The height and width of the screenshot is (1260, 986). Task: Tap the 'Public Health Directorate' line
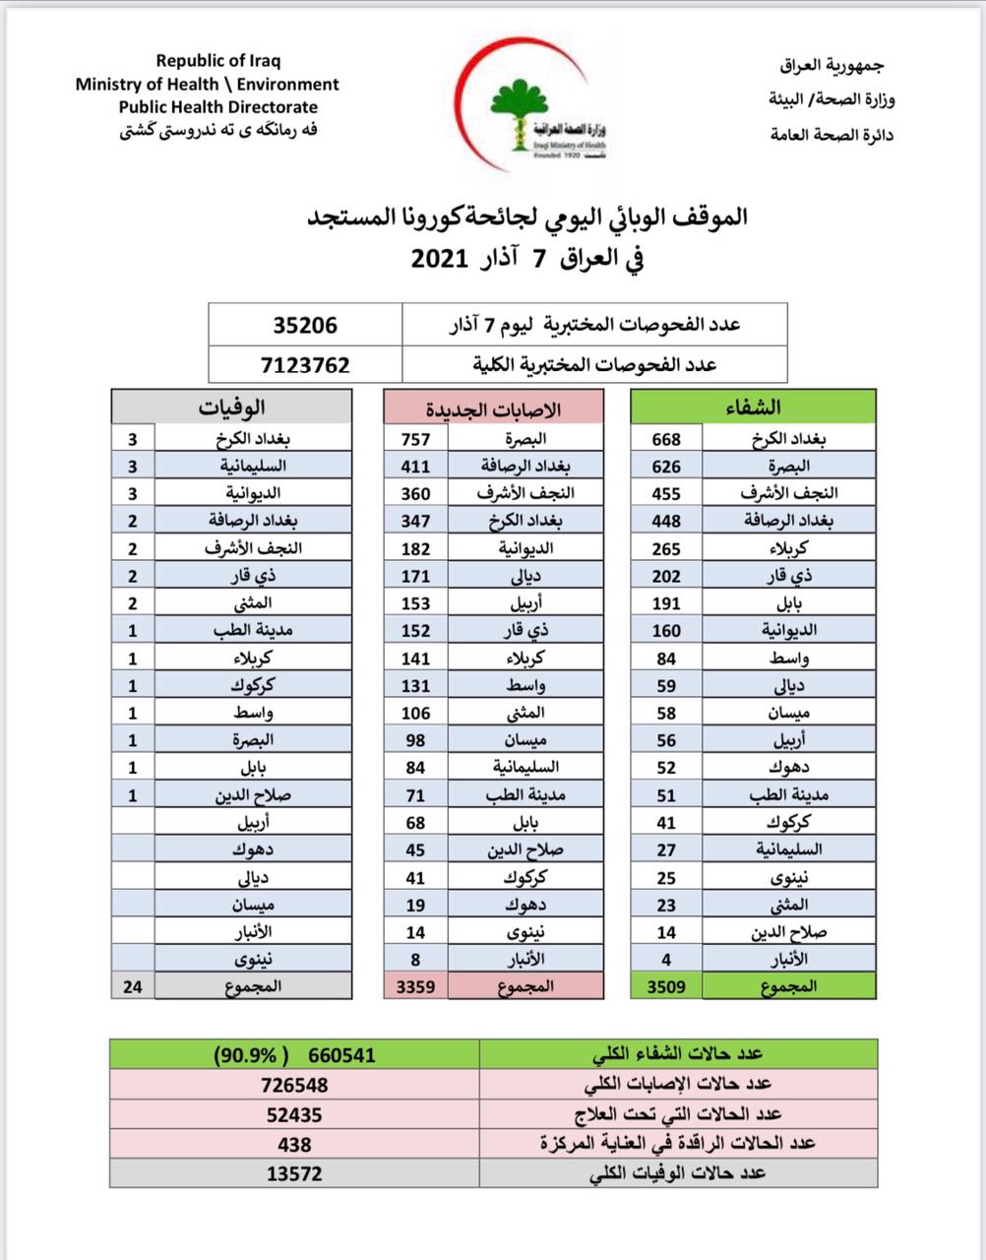tap(218, 107)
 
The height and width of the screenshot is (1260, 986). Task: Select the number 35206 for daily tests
tap(305, 325)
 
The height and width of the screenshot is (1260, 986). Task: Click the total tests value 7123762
tap(305, 365)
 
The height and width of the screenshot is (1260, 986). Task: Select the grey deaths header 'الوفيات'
tap(231, 407)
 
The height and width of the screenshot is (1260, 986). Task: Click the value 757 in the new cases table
tap(416, 439)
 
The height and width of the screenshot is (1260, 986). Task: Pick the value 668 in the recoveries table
tap(666, 439)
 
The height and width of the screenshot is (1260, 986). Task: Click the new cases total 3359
tap(415, 985)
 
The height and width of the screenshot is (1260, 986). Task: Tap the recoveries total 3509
tap(666, 985)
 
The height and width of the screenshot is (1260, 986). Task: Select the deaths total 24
tap(133, 985)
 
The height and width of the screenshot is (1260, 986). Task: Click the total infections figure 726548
tap(294, 1085)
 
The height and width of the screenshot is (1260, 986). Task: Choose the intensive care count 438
tap(294, 1144)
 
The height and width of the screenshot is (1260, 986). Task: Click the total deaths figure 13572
tap(294, 1173)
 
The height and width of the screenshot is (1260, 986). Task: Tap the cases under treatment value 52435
tap(294, 1114)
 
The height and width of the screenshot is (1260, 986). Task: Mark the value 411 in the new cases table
tap(416, 467)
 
